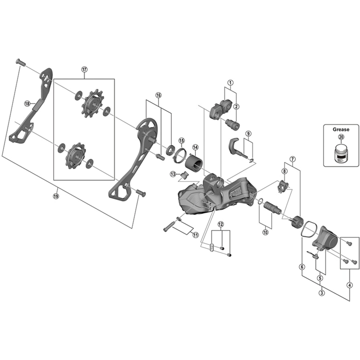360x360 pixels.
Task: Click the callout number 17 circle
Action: point(84,69)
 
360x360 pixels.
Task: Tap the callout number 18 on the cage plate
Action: point(27,103)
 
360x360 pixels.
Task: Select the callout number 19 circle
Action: point(56,196)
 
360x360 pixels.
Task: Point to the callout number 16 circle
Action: point(158,95)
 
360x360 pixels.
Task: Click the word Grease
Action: point(341,129)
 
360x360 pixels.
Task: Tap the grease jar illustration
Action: point(341,152)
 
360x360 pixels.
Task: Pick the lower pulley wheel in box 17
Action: point(73,155)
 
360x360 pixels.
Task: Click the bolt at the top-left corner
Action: point(19,62)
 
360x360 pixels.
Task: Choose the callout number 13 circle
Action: point(172,174)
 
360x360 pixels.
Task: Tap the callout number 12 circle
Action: point(220,224)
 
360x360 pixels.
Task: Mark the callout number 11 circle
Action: point(195,234)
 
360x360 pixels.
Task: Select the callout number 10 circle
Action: point(265,232)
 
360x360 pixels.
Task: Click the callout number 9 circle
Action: point(248,134)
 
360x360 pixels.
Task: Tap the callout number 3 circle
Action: point(321,293)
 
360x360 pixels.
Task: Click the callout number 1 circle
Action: point(230,83)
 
